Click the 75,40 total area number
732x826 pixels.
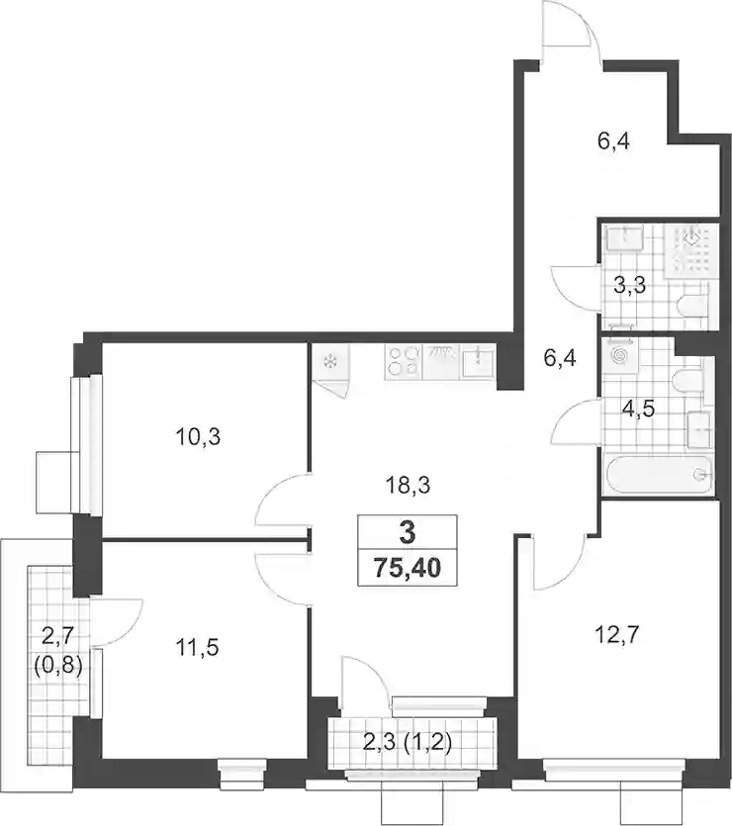408,568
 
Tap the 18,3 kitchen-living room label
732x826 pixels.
408,485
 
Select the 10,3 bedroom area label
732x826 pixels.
198,436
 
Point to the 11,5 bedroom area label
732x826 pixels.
197,647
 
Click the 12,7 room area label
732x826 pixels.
617,635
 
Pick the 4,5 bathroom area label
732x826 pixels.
638,409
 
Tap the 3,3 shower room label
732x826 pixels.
630,286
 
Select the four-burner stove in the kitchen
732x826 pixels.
403,361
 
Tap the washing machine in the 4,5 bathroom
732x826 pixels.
621,355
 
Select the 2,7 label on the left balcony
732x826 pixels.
58,638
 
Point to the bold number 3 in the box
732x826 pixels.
408,533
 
